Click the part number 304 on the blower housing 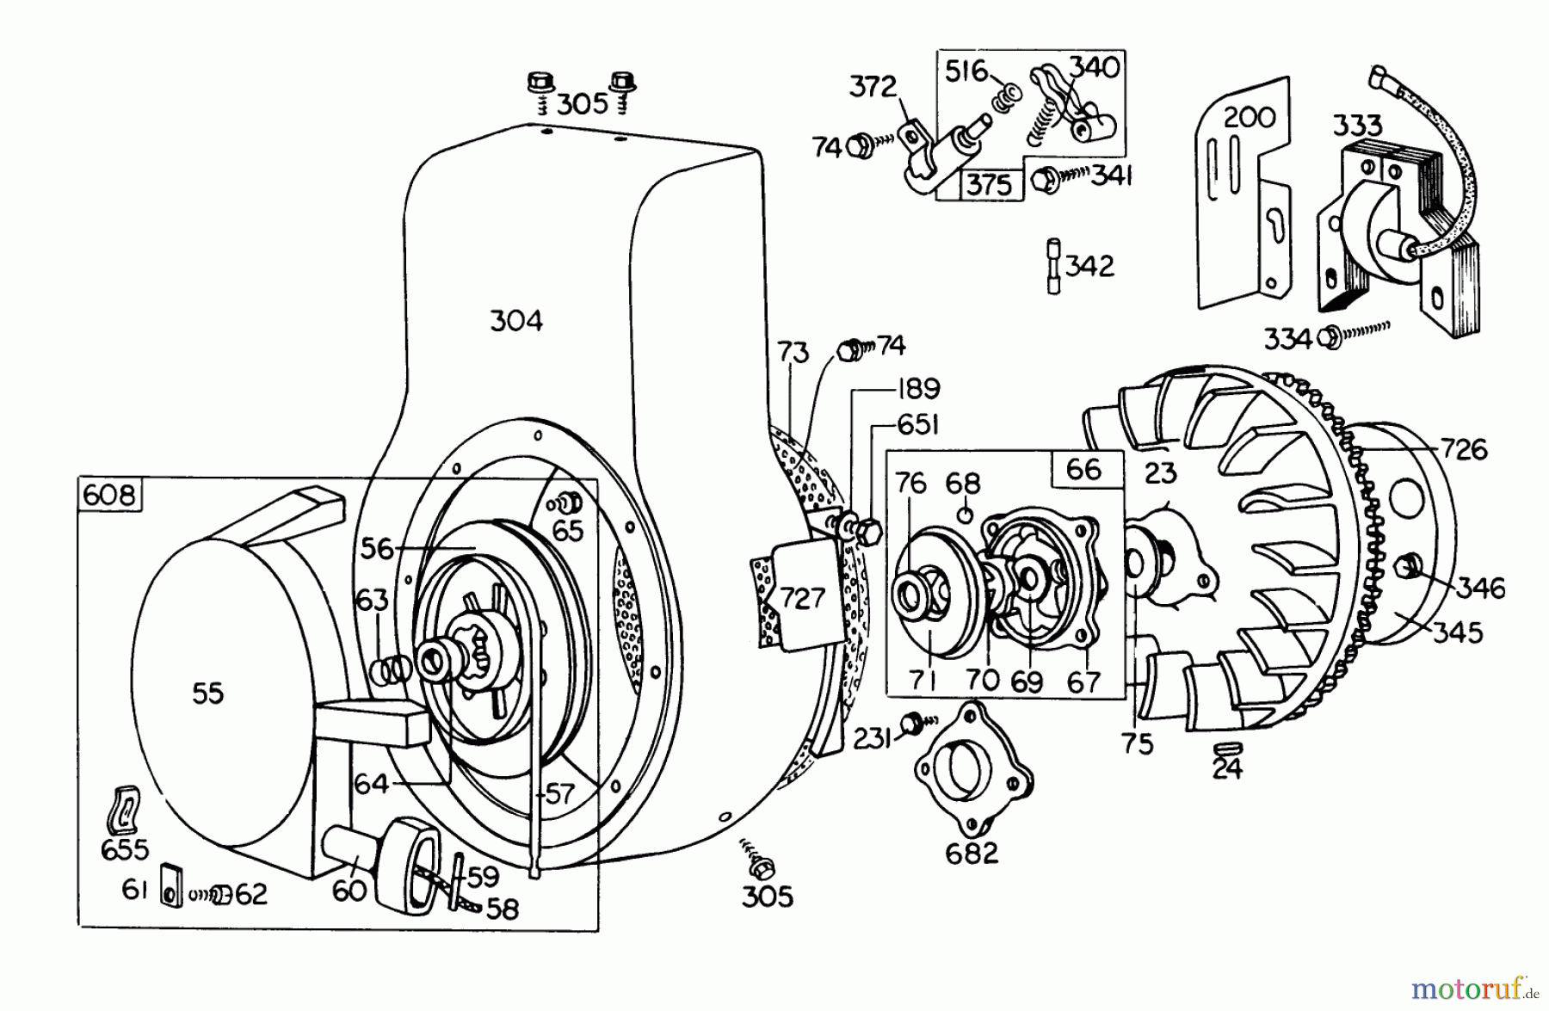tap(516, 321)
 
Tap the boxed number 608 tap(110, 496)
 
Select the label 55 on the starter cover tap(207, 694)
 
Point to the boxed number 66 tap(1083, 469)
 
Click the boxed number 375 tap(990, 185)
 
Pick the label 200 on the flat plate tap(1249, 116)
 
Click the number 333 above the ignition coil tap(1357, 126)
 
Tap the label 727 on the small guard tap(802, 597)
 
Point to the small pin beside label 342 tap(1053, 266)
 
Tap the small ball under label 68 tap(965, 515)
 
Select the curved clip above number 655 tap(125, 810)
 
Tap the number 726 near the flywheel tap(1464, 449)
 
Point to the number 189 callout tap(918, 389)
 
